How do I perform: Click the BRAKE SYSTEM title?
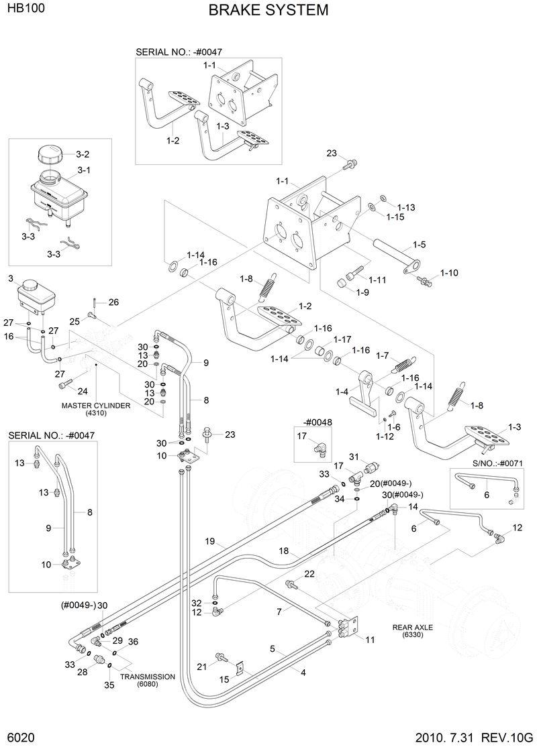[x=268, y=10]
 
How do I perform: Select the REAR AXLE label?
[x=413, y=628]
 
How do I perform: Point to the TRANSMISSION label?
[x=148, y=677]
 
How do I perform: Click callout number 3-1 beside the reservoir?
[x=84, y=170]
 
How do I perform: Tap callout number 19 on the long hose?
[x=209, y=541]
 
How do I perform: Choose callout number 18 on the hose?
[x=283, y=551]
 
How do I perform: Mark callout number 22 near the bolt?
[x=309, y=573]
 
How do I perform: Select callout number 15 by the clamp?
[x=225, y=679]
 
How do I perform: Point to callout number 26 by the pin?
[x=113, y=302]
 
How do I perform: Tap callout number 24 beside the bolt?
[x=83, y=391]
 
